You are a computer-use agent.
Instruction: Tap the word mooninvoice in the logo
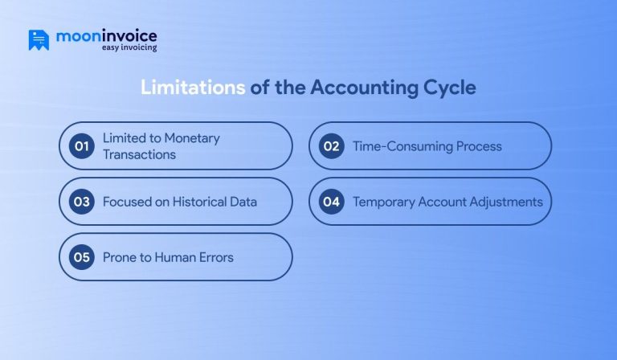coord(106,35)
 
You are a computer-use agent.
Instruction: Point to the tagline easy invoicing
coord(129,48)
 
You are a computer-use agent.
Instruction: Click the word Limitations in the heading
coord(193,88)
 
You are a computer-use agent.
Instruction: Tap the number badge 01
coord(81,146)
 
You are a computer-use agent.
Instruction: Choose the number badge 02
coord(331,146)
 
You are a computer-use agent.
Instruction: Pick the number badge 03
coord(81,202)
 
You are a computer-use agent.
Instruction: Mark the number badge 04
coord(331,202)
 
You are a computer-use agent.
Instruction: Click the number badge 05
coord(81,257)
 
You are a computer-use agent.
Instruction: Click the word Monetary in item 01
coord(192,138)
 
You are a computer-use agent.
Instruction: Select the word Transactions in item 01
coord(139,154)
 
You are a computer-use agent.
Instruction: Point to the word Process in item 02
coord(480,146)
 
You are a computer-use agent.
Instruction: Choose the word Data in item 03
coord(242,202)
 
